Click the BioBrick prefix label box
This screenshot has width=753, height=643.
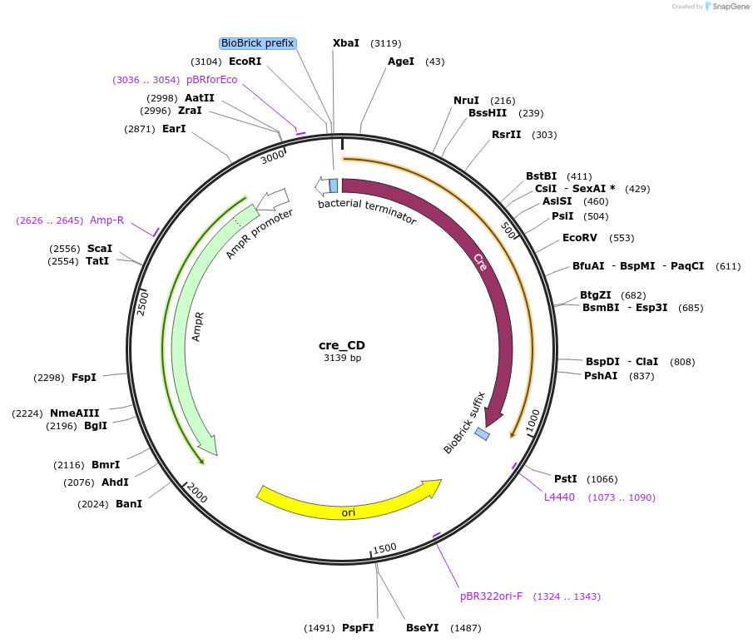258,43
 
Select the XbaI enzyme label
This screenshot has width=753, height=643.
346,43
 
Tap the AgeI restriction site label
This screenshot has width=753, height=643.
401,62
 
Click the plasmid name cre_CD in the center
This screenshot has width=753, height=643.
342,345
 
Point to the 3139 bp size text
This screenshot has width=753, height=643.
342,358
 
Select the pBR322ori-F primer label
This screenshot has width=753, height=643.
491,596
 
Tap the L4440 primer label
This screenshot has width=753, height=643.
559,497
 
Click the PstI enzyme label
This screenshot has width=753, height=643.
566,479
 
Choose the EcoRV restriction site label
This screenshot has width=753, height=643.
580,238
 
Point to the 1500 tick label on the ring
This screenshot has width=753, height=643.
384,548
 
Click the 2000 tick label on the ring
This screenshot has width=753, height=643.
197,493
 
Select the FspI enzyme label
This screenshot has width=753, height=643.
84,378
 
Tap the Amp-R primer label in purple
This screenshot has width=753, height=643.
107,220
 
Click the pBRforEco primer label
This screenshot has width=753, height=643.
212,80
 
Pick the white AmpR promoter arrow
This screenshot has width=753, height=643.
273,200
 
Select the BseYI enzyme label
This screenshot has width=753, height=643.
422,628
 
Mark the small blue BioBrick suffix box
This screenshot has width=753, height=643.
482,433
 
